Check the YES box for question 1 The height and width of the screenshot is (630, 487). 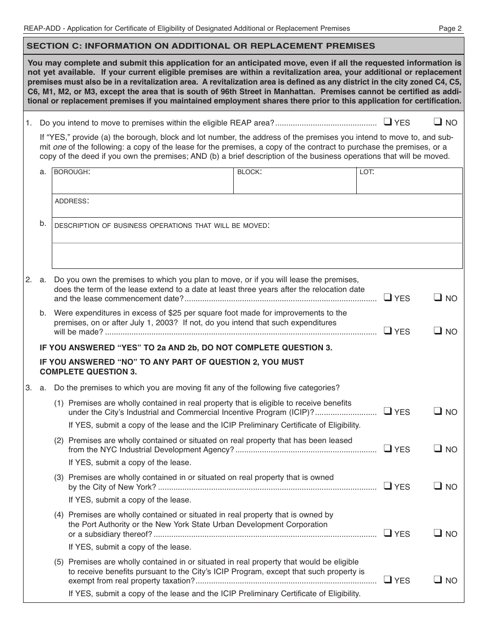click(x=388, y=122)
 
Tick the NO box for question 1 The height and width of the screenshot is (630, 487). click(x=438, y=122)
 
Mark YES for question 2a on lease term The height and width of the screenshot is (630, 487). click(x=388, y=298)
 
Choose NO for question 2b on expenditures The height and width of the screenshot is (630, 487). click(x=438, y=331)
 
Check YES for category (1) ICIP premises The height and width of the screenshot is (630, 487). click(x=388, y=411)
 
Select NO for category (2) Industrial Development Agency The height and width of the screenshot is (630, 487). click(x=438, y=449)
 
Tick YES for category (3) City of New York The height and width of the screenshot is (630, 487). click(x=388, y=486)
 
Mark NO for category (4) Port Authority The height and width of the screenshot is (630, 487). click(x=438, y=533)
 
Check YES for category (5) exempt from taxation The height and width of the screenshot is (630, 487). click(x=388, y=580)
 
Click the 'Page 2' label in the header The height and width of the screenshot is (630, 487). click(x=450, y=29)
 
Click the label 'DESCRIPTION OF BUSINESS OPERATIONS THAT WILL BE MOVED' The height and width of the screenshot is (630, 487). click(x=161, y=225)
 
